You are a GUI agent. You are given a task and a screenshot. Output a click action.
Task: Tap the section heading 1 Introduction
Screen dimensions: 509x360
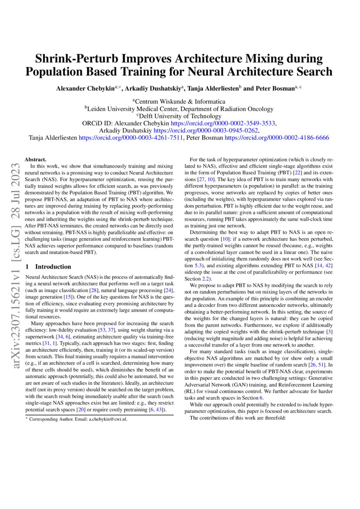click(48, 266)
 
